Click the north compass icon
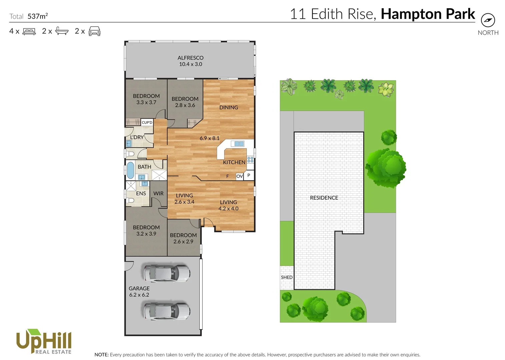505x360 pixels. point(488,20)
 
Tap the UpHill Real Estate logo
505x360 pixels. point(44,341)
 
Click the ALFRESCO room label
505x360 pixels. point(190,58)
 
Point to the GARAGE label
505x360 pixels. point(139,288)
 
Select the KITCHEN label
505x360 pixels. point(234,162)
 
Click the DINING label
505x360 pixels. point(229,107)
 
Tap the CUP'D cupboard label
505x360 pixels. point(147,123)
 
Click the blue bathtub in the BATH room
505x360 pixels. point(130,170)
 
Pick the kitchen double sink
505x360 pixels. point(239,144)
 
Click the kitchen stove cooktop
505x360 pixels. point(250,159)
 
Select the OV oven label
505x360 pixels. point(239,176)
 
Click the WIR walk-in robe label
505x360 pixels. point(158,193)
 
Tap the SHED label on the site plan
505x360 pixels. point(287,277)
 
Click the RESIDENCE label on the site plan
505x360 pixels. point(324,198)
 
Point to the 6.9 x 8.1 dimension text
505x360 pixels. point(209,138)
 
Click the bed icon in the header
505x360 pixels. point(29,31)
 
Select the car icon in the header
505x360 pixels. point(94,31)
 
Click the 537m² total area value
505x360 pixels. point(38,16)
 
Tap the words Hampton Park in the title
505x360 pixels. point(428,14)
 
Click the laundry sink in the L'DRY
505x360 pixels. point(129,144)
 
